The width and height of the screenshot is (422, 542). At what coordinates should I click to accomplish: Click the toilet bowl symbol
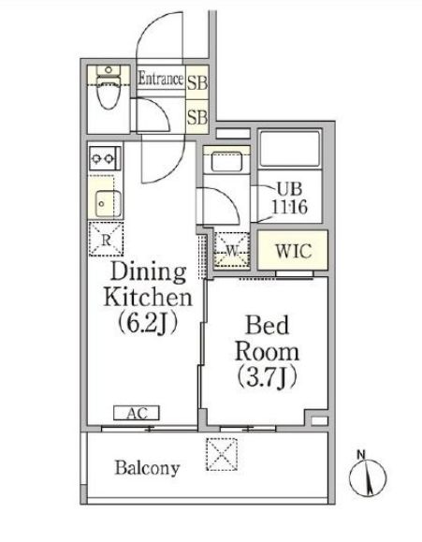click(x=109, y=87)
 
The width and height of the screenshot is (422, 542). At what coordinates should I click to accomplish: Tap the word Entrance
click(x=161, y=79)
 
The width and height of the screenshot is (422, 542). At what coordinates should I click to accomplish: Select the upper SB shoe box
click(x=197, y=82)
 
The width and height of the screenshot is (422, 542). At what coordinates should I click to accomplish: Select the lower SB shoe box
click(x=197, y=117)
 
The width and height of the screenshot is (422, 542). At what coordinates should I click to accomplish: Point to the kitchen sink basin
click(x=109, y=203)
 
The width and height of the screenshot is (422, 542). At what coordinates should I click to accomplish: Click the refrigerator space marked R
click(x=106, y=240)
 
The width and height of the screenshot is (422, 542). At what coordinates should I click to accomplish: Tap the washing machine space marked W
click(x=232, y=250)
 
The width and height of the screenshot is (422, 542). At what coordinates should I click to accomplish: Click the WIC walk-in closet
click(x=293, y=250)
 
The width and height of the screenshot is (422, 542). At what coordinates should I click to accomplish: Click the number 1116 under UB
click(x=289, y=207)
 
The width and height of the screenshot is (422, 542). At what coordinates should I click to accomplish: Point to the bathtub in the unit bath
click(x=290, y=148)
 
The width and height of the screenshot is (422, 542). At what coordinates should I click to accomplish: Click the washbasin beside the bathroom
click(x=226, y=162)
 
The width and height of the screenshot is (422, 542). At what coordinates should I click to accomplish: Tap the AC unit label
click(x=137, y=413)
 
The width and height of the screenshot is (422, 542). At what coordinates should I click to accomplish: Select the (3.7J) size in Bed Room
click(x=267, y=377)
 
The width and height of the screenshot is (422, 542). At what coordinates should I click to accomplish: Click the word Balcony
click(x=147, y=468)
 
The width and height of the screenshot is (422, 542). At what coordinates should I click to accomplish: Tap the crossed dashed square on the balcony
click(x=222, y=454)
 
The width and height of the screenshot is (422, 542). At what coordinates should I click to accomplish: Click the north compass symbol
click(x=368, y=477)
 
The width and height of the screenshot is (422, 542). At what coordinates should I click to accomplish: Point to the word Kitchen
click(x=148, y=297)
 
